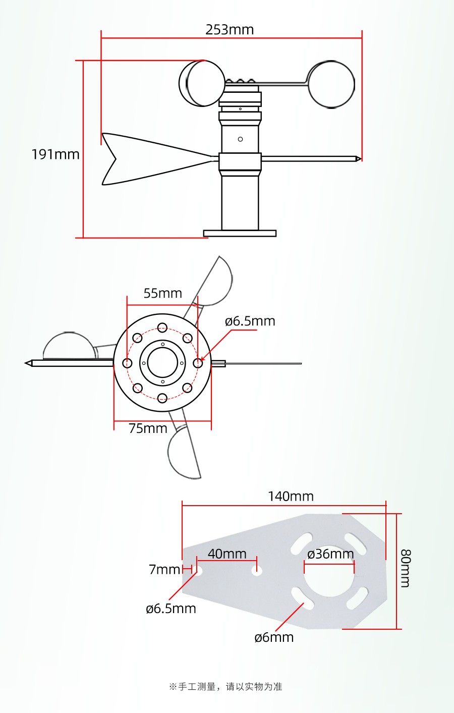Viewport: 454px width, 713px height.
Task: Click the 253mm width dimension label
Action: point(230,30)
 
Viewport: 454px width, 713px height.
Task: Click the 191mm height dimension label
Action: point(55,154)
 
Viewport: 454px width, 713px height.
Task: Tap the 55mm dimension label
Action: point(162,293)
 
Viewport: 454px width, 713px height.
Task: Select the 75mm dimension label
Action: point(148,428)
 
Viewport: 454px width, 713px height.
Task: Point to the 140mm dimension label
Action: point(291,497)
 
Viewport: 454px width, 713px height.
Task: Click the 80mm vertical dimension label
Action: point(406,568)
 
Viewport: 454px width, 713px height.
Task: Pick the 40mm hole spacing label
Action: point(227,554)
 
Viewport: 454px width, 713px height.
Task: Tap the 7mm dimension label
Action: point(164,570)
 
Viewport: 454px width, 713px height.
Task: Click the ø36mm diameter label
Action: point(330,554)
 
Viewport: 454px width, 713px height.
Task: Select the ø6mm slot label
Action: point(274,637)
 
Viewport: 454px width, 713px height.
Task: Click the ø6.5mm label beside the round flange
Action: point(250,321)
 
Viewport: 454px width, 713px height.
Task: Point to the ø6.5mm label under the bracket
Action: point(171,609)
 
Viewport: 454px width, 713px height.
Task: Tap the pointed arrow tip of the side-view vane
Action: point(358,159)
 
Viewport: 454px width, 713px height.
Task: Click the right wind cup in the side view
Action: point(331,85)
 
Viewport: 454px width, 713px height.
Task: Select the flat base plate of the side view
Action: point(240,233)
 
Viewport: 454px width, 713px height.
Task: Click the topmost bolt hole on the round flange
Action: point(162,328)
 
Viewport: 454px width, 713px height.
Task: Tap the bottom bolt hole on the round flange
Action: point(162,398)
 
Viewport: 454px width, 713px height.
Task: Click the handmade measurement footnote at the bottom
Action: point(225,686)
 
